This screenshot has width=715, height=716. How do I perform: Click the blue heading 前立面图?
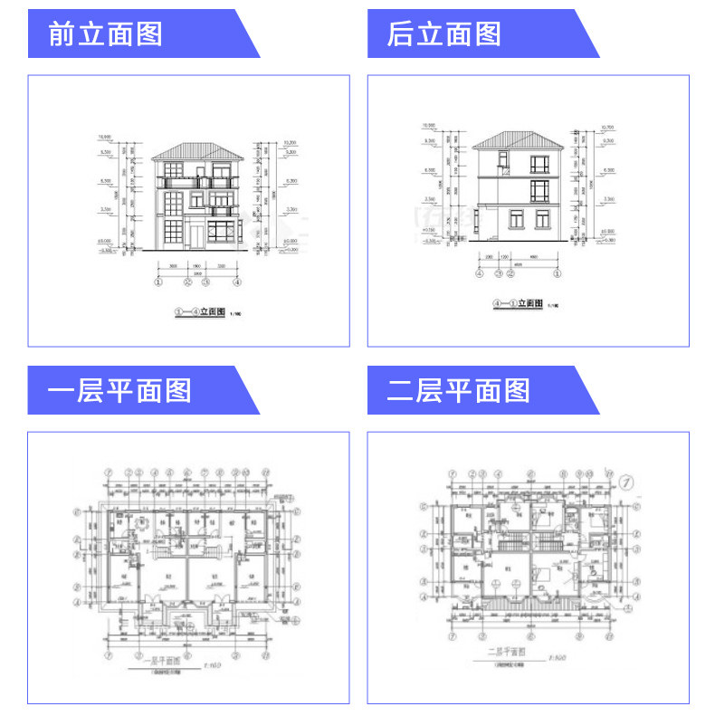point(107,34)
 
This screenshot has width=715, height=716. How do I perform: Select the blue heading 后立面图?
point(444,34)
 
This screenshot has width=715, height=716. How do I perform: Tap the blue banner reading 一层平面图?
point(119,390)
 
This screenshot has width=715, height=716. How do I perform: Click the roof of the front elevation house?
point(196,150)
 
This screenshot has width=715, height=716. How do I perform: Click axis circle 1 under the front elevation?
point(157,282)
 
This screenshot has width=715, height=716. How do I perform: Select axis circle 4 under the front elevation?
point(237,282)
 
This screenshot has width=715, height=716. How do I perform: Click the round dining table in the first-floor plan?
point(140,528)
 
